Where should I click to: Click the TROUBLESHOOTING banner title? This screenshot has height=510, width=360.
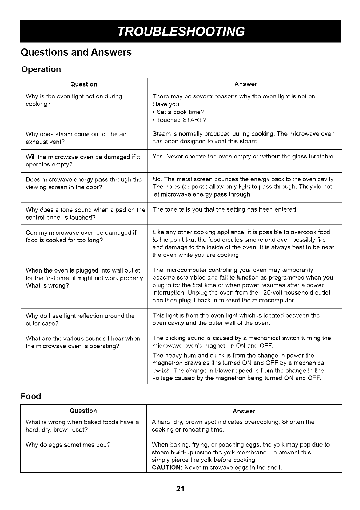180,32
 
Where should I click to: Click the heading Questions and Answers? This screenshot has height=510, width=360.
76,53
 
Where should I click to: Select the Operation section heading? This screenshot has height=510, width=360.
41,69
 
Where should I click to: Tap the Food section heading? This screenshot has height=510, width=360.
31,397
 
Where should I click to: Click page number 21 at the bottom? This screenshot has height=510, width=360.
180,489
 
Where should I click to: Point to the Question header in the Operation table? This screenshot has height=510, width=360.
84,84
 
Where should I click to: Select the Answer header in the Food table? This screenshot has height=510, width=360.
244,411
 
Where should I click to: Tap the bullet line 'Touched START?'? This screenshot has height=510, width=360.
181,120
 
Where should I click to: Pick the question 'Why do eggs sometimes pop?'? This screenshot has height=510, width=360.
68,445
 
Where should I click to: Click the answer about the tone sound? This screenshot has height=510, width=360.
225,209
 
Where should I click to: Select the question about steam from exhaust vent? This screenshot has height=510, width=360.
76,138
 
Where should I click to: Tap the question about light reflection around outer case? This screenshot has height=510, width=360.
80,319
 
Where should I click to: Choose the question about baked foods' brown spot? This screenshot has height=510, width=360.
82,426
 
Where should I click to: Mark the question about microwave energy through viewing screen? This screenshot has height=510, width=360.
83,183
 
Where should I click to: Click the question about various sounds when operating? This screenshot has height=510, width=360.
83,342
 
